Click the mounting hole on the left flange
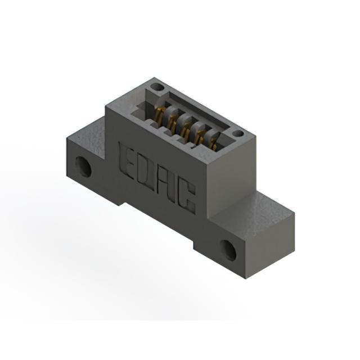pos(84,166)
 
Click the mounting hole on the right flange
pos(228,250)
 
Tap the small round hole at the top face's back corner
pos(157,87)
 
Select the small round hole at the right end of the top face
pos(237,133)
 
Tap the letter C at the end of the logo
pos(188,198)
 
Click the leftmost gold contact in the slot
pos(160,116)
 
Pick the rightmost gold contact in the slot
pos(213,144)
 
